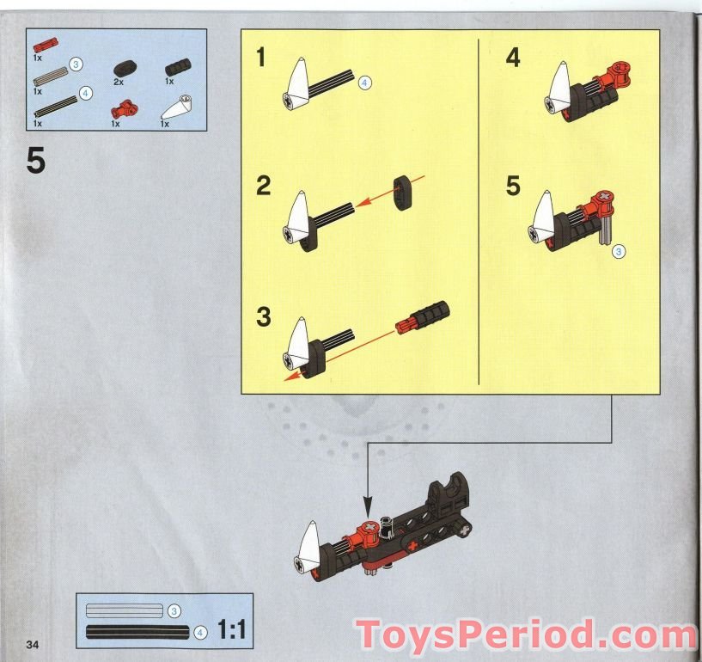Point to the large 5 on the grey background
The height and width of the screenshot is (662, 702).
pyautogui.click(x=36, y=162)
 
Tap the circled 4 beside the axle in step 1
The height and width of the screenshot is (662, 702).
pyautogui.click(x=364, y=83)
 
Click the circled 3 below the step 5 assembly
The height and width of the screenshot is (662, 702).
pyautogui.click(x=619, y=251)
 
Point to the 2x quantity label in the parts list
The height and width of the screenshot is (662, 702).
pyautogui.click(x=119, y=81)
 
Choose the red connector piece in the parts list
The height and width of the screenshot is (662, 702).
pyautogui.click(x=125, y=109)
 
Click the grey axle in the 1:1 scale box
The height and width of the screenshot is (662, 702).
pyautogui.click(x=124, y=610)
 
